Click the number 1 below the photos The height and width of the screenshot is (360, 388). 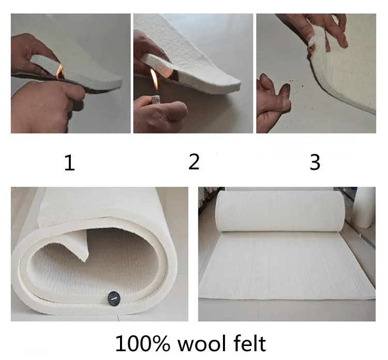(69, 163)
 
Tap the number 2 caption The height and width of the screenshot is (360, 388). (194, 162)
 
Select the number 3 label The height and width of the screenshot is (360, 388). (315, 162)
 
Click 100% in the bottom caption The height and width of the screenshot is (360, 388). (143, 343)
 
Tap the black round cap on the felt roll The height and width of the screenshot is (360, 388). (114, 296)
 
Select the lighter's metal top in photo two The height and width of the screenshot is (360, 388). (155, 99)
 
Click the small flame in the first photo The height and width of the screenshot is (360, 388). (59, 71)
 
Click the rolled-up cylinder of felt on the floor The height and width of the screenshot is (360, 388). (279, 211)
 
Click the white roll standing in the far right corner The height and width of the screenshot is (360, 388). (365, 207)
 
